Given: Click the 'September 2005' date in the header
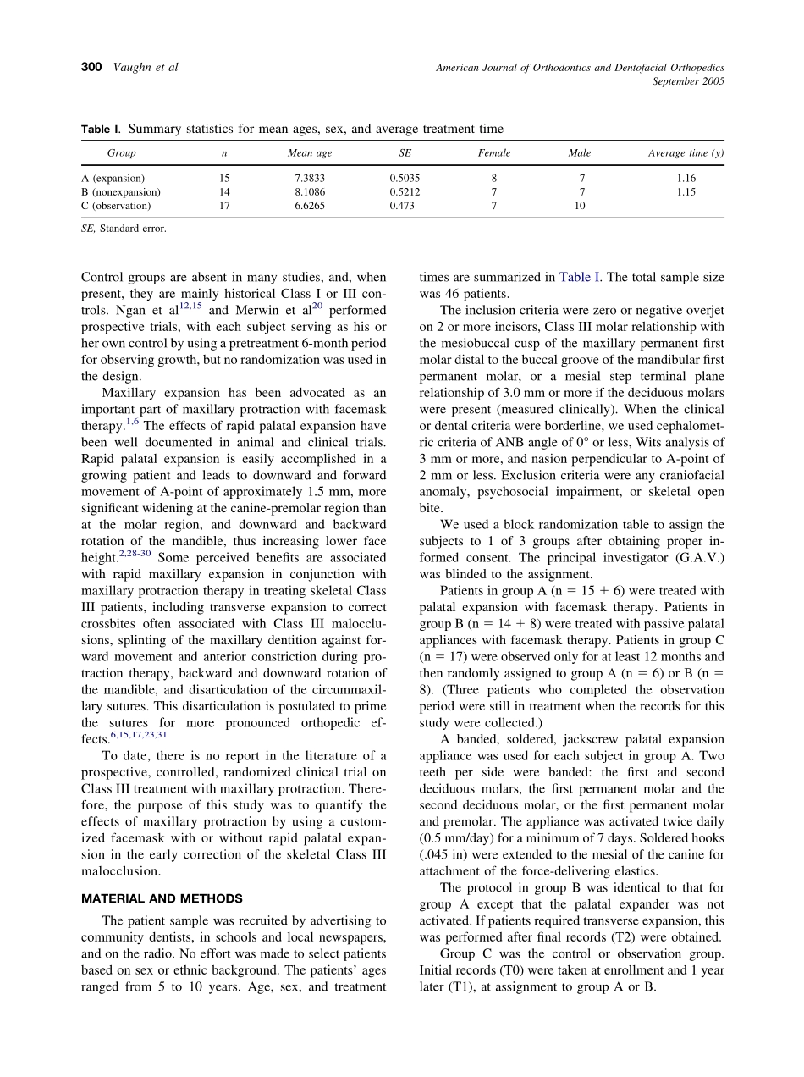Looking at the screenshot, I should coord(688,81).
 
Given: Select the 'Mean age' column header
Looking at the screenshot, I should coord(310,153).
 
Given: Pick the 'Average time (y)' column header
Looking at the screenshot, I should coord(686,153).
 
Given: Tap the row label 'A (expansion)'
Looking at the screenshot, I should coord(113,179).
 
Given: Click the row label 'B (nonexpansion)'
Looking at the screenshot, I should coord(121,192).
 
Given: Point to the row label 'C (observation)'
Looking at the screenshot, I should coord(116,206).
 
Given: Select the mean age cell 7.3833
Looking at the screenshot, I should coord(310,179).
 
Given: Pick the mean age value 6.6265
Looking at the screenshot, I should coord(310,206).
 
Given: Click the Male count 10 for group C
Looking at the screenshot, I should coord(580,206).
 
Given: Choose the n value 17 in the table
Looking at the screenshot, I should coord(224,206).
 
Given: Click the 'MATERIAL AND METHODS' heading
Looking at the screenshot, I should coord(162,899).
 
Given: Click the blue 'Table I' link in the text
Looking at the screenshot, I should coord(580,277).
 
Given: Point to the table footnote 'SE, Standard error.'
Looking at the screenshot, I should coord(124,229).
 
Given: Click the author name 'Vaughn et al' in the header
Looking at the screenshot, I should coord(146,67).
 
